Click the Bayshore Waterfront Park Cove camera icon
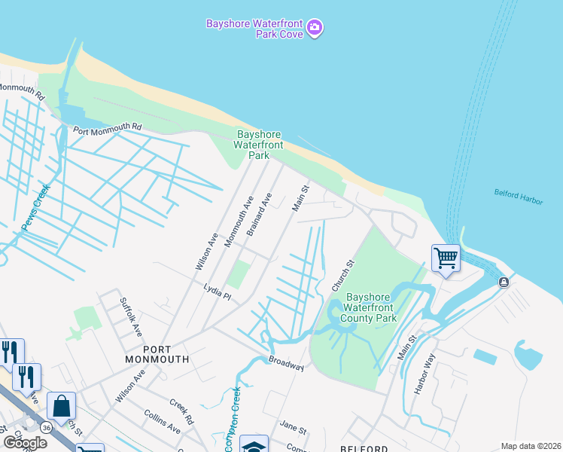click(315, 29)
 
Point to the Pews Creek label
click(35, 207)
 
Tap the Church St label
click(342, 276)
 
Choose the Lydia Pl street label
click(217, 291)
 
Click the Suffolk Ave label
click(131, 316)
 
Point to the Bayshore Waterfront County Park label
click(370, 307)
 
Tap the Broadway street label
click(286, 363)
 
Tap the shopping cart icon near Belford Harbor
click(446, 258)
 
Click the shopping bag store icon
click(61, 406)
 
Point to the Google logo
click(25, 442)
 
